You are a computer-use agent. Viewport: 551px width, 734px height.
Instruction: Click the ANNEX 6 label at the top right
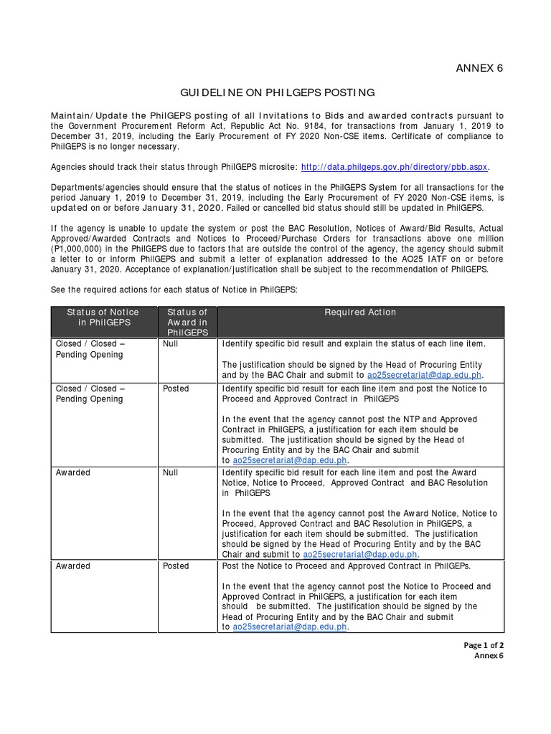479,68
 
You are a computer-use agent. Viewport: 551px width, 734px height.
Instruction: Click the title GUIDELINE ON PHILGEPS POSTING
276,92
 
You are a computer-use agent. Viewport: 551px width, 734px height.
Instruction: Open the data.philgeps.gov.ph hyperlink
394,166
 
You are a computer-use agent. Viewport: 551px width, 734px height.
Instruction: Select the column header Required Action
360,313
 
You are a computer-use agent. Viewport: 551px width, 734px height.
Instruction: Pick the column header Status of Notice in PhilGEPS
103,318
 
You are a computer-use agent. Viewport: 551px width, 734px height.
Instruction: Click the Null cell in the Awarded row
171,473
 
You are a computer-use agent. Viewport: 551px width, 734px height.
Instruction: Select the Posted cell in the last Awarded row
176,566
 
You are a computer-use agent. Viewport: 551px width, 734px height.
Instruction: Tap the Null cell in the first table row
171,344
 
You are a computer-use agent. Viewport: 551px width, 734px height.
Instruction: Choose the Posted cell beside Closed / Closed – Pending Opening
176,389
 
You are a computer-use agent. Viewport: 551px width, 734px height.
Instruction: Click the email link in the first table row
424,375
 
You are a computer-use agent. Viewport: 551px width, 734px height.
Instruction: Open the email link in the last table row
290,626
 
